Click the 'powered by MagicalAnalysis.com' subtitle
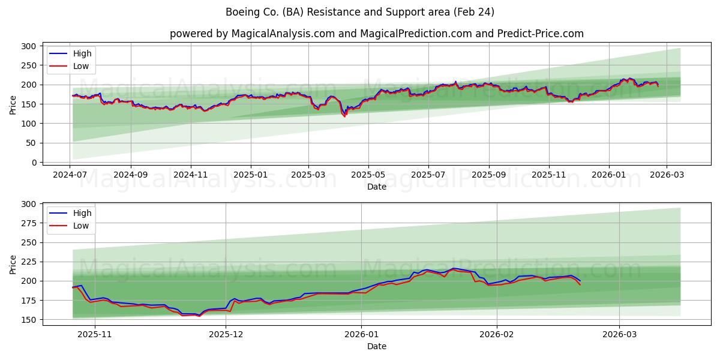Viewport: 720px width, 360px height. point(376,34)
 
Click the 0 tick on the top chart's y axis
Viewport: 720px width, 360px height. point(34,163)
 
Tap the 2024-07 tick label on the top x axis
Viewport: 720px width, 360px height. point(70,175)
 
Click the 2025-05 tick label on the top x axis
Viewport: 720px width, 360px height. point(368,175)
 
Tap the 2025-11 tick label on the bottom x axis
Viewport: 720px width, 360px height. point(95,334)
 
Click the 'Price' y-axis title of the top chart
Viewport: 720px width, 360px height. point(13,104)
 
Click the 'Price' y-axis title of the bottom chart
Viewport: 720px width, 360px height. point(13,264)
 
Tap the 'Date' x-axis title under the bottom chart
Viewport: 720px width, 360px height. point(376,346)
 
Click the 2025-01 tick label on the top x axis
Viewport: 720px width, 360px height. point(250,175)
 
